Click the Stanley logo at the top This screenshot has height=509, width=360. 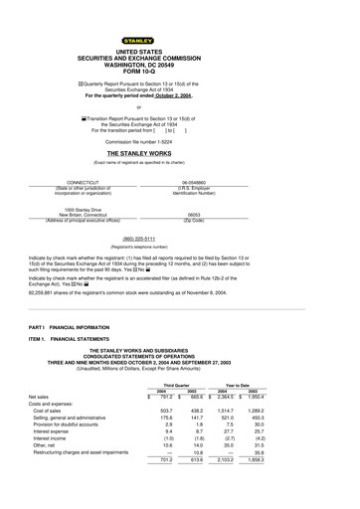pos(179,16)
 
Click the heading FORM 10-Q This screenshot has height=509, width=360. pos(179,68)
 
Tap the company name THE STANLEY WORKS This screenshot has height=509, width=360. pos(179,155)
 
